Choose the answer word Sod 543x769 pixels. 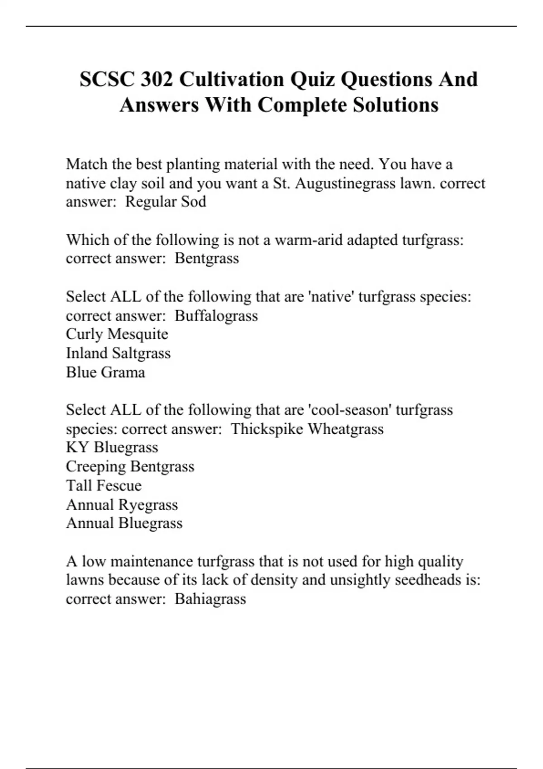pos(194,202)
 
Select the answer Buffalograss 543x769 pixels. pos(216,315)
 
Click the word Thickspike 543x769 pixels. pos(267,429)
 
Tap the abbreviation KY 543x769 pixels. pos(77,447)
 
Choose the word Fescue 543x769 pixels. pos(122,485)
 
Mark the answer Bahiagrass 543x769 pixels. pos(210,599)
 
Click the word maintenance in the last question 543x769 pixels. pos(151,561)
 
